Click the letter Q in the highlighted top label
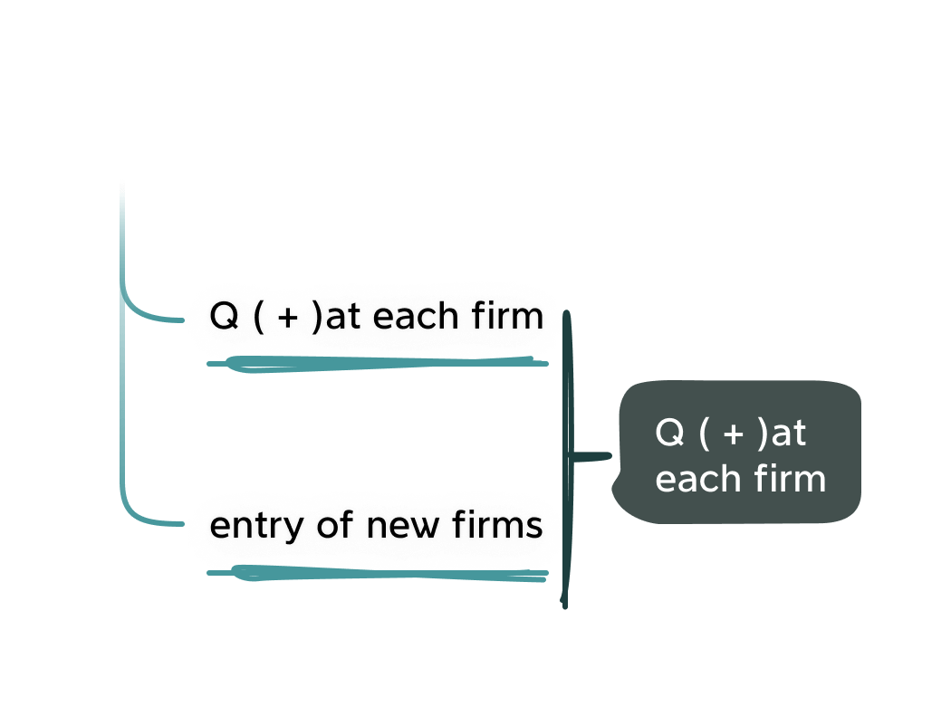point(221,318)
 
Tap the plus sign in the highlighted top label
point(284,319)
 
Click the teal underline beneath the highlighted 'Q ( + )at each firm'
point(380,364)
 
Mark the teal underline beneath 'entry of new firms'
point(380,574)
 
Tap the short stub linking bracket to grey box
point(591,456)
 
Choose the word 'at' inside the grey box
point(788,434)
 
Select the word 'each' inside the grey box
point(691,479)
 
